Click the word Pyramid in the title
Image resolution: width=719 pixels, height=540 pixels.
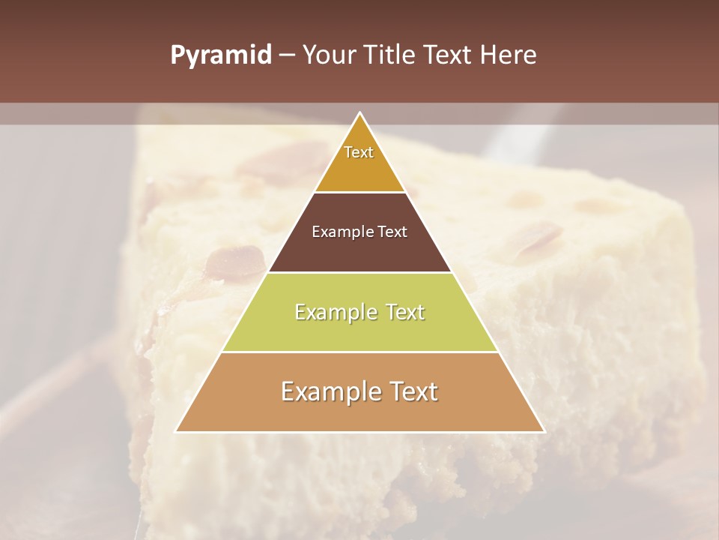[x=221, y=55]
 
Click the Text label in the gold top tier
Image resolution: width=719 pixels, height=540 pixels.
[x=359, y=152]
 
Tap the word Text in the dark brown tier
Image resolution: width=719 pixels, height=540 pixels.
[x=393, y=232]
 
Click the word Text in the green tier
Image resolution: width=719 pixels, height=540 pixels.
[x=406, y=312]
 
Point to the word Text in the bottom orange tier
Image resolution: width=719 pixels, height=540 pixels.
[x=414, y=391]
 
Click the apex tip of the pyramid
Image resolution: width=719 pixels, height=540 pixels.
[x=360, y=113]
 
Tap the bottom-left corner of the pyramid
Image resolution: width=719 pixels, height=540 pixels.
[x=177, y=431]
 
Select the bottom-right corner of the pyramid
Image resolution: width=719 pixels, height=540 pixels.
[x=544, y=431]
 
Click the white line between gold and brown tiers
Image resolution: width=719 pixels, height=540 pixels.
[x=360, y=193]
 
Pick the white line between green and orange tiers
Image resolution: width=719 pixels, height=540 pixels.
[x=360, y=352]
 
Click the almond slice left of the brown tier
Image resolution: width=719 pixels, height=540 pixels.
[x=236, y=262]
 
